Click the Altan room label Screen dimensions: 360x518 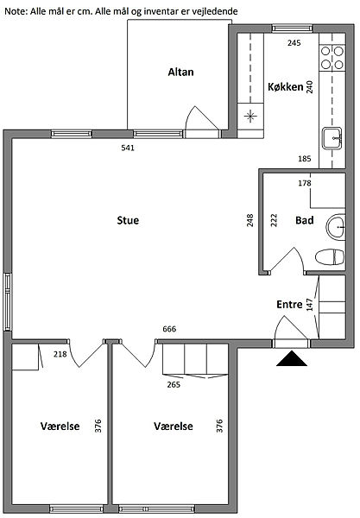(180, 72)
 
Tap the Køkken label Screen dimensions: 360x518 (286, 87)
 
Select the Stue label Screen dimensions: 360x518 (128, 220)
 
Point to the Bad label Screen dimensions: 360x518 (304, 220)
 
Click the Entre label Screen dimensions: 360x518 (289, 305)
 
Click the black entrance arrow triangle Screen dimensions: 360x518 (292, 359)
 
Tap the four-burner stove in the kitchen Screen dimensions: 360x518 (332, 58)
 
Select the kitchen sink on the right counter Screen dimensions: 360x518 (332, 138)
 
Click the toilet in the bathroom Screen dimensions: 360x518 (330, 257)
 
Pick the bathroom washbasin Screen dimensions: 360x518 (336, 227)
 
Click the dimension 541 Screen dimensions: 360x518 (128, 148)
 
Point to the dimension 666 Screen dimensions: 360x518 (169, 329)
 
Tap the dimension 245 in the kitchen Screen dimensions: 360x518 (294, 43)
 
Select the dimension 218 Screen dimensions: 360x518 (60, 355)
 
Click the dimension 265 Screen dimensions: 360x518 (174, 384)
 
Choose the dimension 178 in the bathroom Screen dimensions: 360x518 (305, 183)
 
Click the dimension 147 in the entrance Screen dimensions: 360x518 (309, 305)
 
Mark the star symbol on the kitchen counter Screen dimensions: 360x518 (250, 116)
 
